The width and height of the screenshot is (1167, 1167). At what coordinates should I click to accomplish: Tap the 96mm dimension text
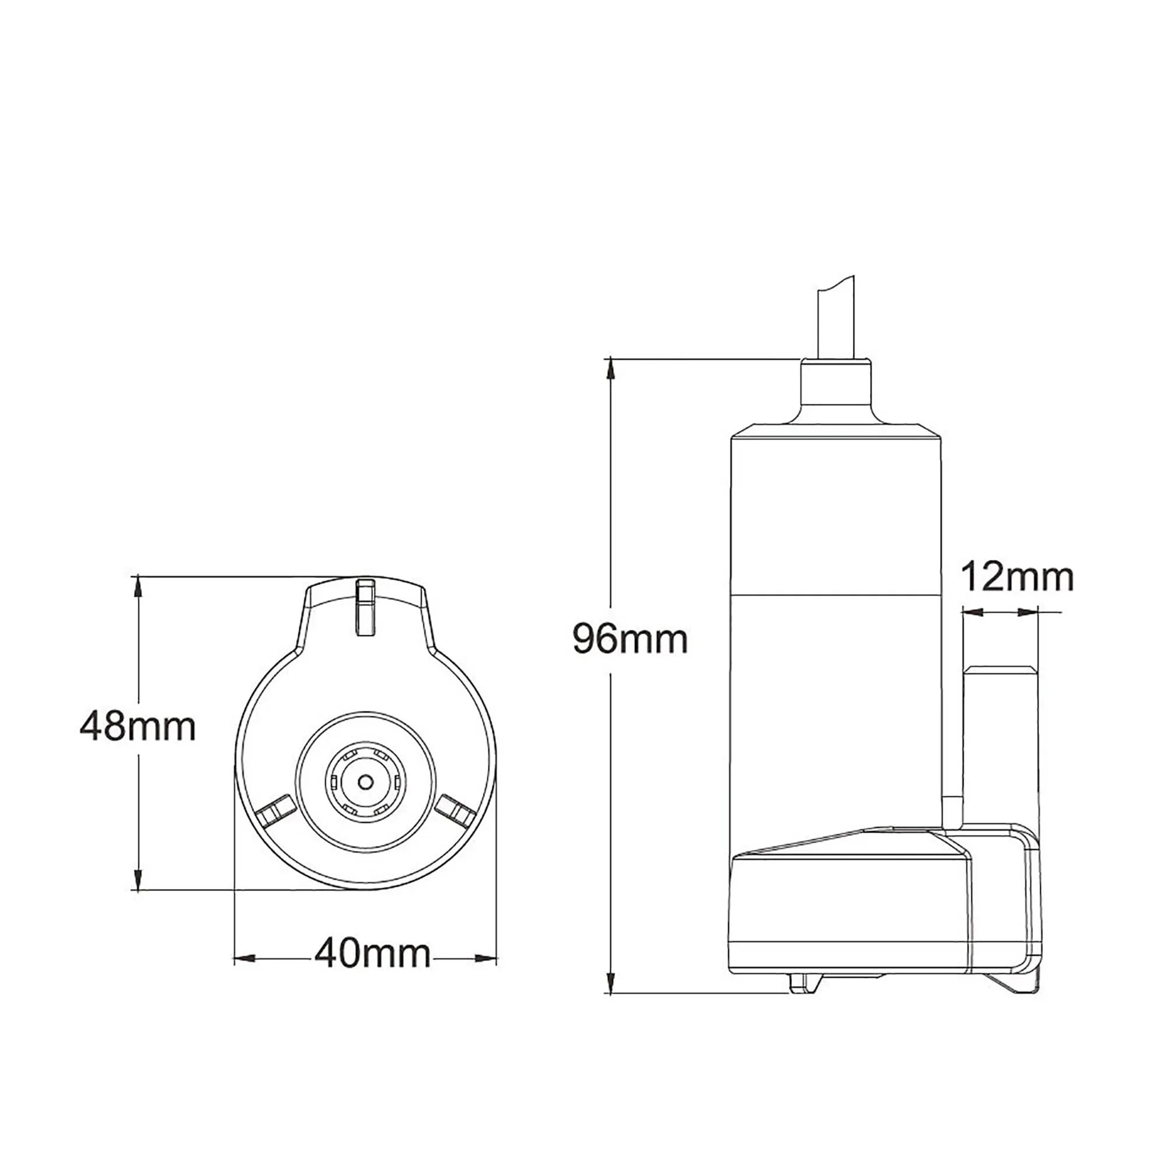pyautogui.click(x=630, y=639)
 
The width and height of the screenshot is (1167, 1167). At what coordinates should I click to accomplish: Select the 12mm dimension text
pyautogui.click(x=1017, y=577)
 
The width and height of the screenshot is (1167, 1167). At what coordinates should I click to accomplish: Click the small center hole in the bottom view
pyautogui.click(x=365, y=782)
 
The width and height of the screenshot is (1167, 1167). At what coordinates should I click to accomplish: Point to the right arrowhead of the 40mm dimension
pyautogui.click(x=486, y=958)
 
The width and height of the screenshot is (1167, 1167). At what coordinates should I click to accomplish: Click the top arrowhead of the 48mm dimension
pyautogui.click(x=138, y=586)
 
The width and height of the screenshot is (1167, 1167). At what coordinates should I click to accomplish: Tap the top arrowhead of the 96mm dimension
pyautogui.click(x=612, y=368)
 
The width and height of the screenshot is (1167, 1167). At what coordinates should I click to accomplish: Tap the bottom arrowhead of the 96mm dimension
pyautogui.click(x=612, y=983)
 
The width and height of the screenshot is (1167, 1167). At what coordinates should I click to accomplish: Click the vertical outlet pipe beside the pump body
pyautogui.click(x=999, y=743)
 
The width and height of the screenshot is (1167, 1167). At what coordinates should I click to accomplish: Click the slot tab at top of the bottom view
pyautogui.click(x=365, y=606)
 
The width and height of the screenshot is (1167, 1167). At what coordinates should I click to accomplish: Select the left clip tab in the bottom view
pyautogui.click(x=275, y=810)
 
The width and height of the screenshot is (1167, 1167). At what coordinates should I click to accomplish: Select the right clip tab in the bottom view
pyautogui.click(x=454, y=810)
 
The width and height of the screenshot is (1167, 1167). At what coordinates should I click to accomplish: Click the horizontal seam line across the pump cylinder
pyautogui.click(x=836, y=595)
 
